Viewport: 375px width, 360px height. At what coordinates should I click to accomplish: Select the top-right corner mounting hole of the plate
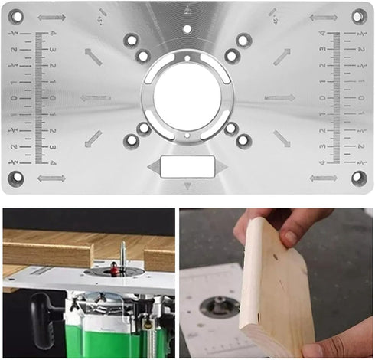pyautogui.click(x=358, y=16)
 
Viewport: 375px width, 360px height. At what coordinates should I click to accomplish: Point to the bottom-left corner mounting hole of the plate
pyautogui.click(x=17, y=178)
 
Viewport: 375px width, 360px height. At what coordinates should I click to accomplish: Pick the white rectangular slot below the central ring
pyautogui.click(x=187, y=166)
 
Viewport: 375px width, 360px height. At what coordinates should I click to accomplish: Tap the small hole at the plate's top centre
pyautogui.click(x=187, y=30)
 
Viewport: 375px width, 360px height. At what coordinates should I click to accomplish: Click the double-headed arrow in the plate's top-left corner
pyautogui.click(x=51, y=17)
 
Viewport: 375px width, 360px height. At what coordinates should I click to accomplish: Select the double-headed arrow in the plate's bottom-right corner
pyautogui.click(x=323, y=178)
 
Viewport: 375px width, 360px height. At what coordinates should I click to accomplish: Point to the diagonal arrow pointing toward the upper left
pyautogui.click(x=93, y=56)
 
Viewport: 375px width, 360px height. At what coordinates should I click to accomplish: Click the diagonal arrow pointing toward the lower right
pyautogui.click(x=282, y=139)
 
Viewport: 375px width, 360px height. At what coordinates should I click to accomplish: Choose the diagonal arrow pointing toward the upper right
pyautogui.click(x=282, y=56)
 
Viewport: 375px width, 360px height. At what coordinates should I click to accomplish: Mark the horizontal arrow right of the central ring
pyautogui.click(x=279, y=97)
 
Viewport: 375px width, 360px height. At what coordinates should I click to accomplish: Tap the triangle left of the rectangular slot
pyautogui.click(x=153, y=166)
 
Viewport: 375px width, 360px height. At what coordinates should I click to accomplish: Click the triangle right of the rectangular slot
pyautogui.click(x=222, y=166)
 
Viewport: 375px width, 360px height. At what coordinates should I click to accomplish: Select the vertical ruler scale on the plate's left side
pyautogui.click(x=40, y=97)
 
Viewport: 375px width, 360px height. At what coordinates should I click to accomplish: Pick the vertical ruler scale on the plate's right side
pyautogui.click(x=335, y=97)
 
